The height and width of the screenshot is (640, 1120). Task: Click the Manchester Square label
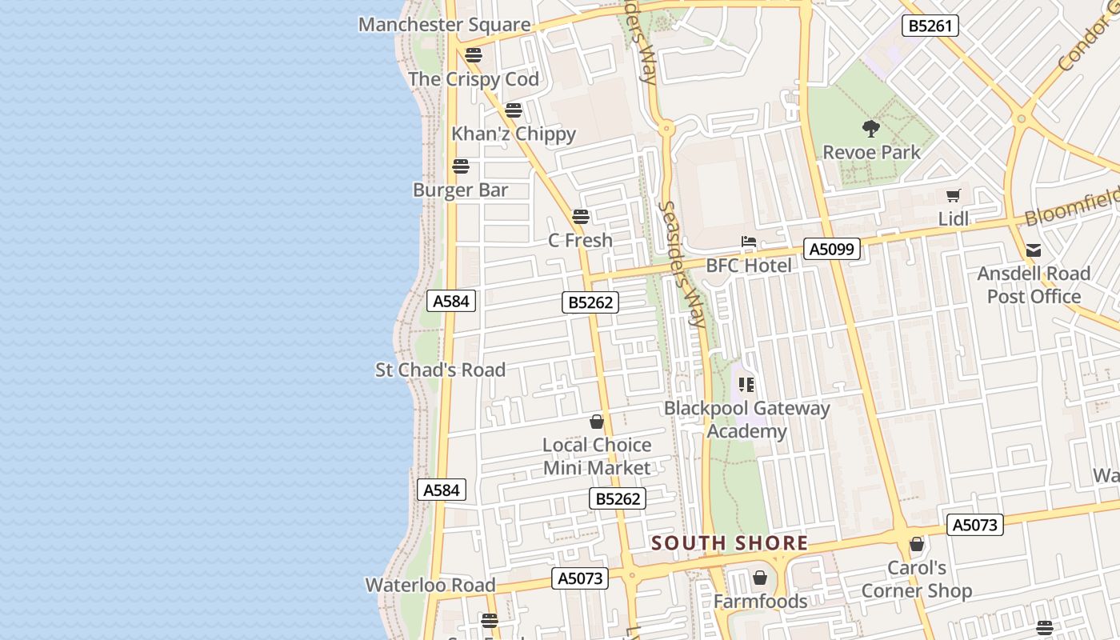[444, 25]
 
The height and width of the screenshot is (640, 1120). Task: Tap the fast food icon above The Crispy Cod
[474, 55]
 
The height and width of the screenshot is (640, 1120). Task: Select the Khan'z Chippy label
[514, 134]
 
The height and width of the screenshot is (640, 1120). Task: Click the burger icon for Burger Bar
[461, 166]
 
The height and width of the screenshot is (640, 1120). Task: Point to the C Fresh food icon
[581, 216]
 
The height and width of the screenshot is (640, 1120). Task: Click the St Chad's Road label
[441, 370]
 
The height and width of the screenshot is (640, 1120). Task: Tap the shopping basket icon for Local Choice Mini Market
[597, 422]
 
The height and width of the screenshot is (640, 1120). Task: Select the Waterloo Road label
[430, 585]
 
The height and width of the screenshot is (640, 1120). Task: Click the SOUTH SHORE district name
[730, 543]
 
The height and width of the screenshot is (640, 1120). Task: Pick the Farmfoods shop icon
[760, 577]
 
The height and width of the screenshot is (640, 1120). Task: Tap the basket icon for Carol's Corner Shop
[917, 545]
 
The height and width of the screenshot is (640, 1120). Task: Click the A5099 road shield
[832, 249]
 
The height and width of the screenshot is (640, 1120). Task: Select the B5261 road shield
[930, 26]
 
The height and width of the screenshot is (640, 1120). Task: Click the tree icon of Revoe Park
[871, 128]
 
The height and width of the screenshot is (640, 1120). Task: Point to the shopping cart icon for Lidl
[953, 195]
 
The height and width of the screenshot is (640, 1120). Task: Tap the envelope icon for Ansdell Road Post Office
[1034, 250]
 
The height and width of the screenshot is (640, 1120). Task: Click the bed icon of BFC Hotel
[749, 242]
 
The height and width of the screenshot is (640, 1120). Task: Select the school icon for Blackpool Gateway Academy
[747, 385]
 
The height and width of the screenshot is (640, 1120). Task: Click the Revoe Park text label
[871, 152]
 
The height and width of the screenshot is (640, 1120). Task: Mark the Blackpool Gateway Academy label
[747, 419]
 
